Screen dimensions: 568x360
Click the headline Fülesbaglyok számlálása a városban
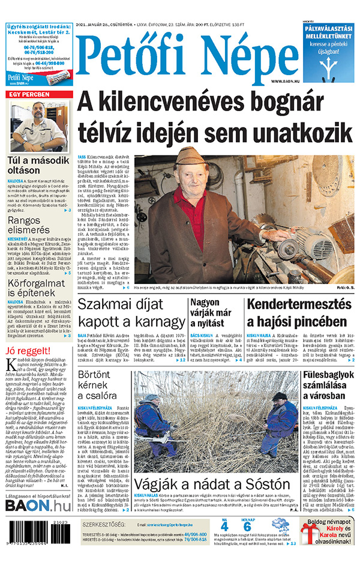point(328,388)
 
